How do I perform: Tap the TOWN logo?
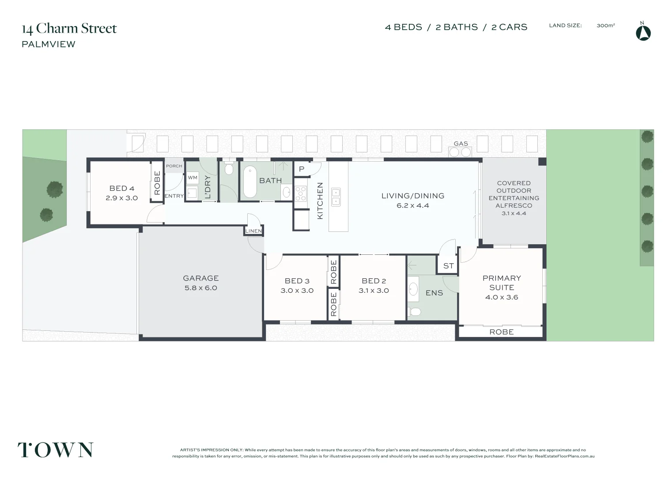(55, 450)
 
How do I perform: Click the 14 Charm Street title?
(69, 29)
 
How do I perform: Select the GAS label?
(461, 144)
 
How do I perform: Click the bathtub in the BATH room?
(250, 182)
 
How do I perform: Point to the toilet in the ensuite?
(415, 312)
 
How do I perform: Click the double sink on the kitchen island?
(336, 197)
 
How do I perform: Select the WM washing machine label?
(193, 178)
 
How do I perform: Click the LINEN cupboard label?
(253, 231)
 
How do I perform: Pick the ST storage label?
(448, 266)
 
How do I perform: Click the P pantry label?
(302, 169)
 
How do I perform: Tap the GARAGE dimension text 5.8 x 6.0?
(200, 288)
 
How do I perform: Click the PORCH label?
(174, 166)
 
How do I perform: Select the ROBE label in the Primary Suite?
(501, 332)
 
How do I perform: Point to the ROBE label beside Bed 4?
(157, 183)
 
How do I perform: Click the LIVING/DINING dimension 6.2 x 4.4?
(412, 205)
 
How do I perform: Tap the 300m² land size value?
(605, 26)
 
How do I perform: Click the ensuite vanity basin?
(413, 289)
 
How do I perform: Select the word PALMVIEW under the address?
(49, 44)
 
